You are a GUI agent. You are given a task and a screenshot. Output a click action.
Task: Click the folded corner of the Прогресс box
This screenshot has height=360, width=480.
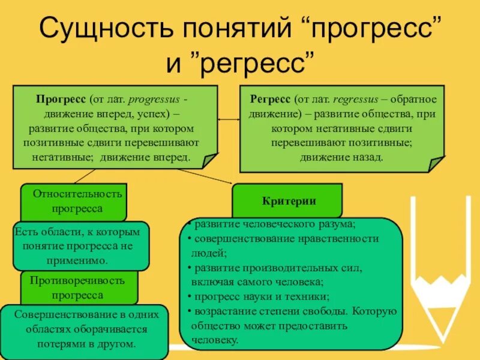point(210,160)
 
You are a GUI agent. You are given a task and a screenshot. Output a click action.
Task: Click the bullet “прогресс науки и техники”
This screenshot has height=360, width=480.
point(260,297)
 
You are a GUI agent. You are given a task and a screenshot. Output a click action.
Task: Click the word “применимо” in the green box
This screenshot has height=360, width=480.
point(82,260)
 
